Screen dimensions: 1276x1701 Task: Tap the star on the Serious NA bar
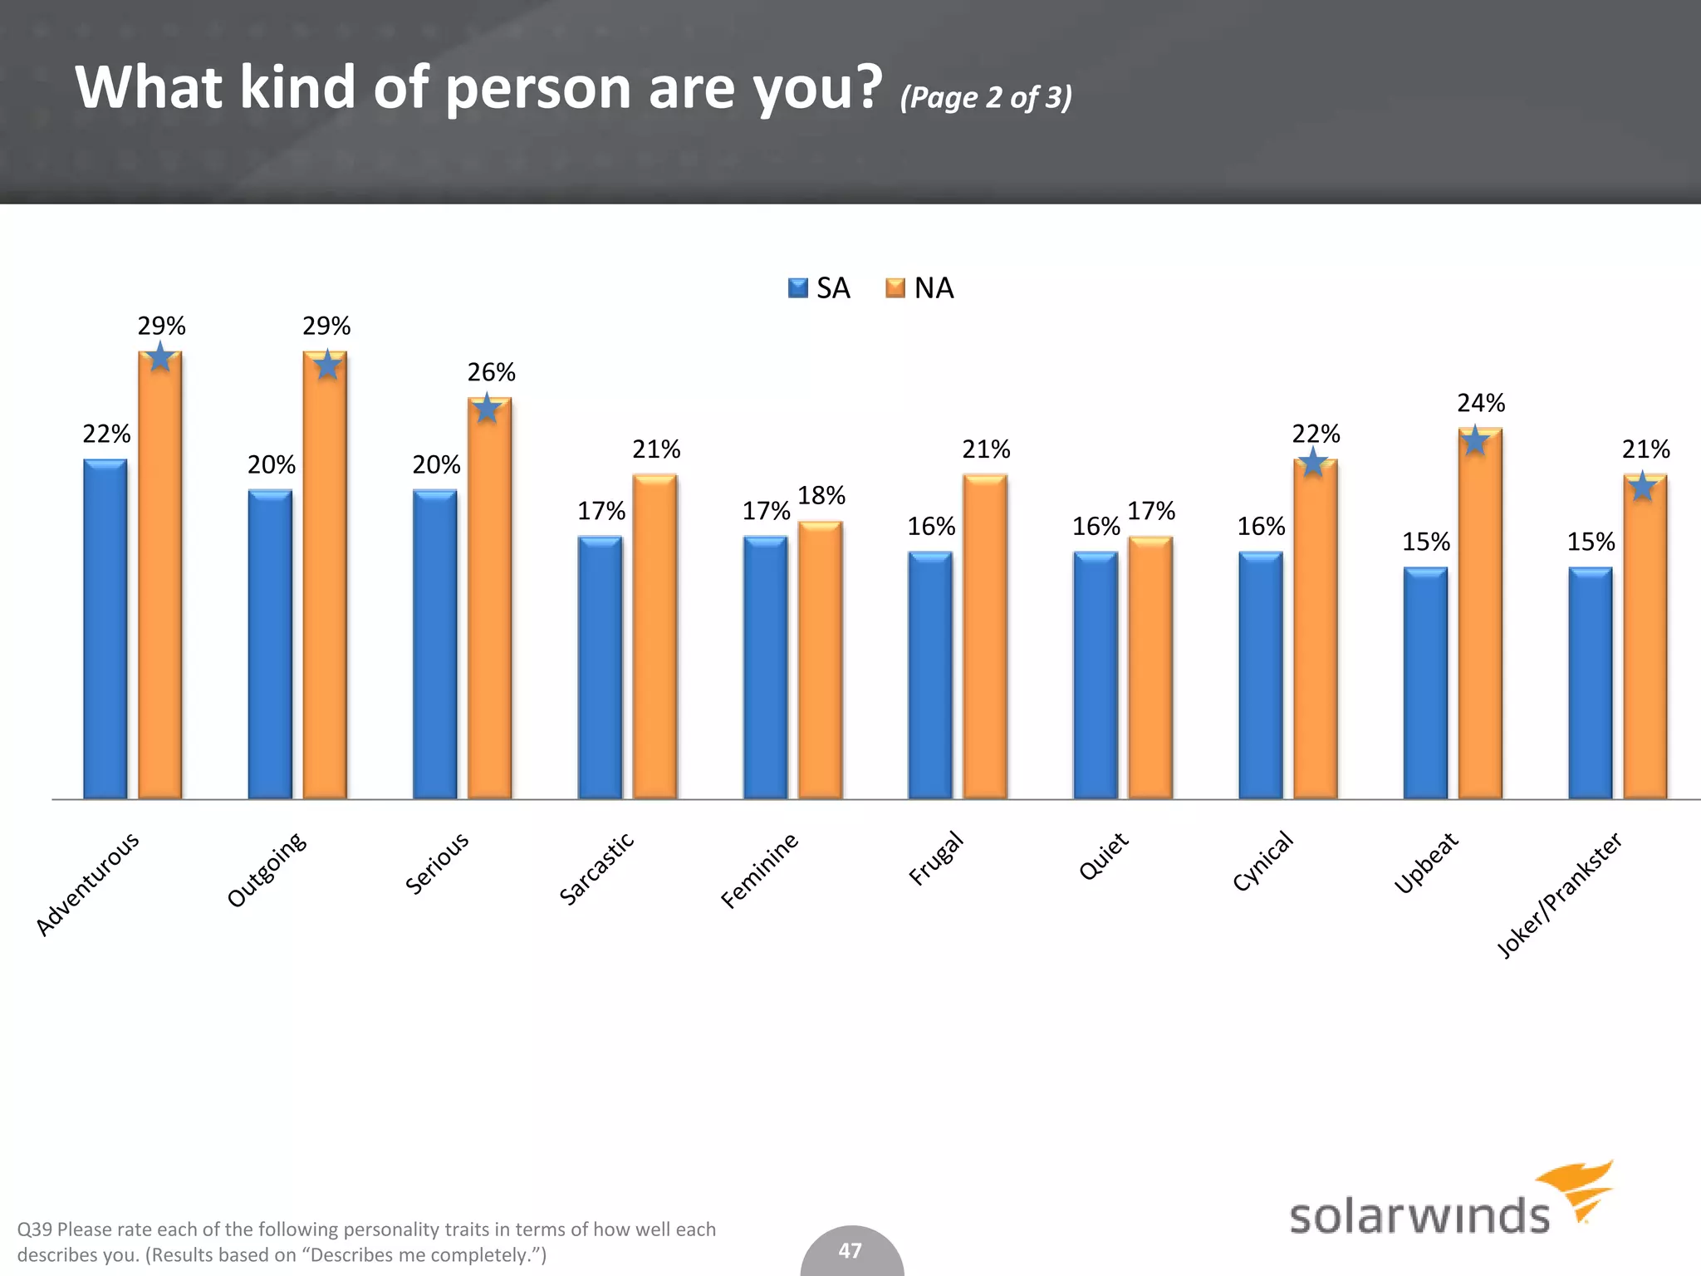tap(487, 409)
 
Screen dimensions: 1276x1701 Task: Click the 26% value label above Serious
tap(491, 372)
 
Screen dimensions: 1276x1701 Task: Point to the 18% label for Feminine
tap(821, 496)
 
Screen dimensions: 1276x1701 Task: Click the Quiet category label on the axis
tap(1103, 856)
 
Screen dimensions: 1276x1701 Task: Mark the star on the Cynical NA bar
tap(1313, 462)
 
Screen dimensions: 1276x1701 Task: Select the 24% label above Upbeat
tap(1480, 403)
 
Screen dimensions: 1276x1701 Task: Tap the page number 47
tap(850, 1250)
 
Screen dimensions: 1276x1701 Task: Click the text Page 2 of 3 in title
tap(986, 97)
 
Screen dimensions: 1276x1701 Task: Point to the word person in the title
tap(539, 88)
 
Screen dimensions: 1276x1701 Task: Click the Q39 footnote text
tap(365, 1241)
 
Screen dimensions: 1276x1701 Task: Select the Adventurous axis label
tap(88, 883)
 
